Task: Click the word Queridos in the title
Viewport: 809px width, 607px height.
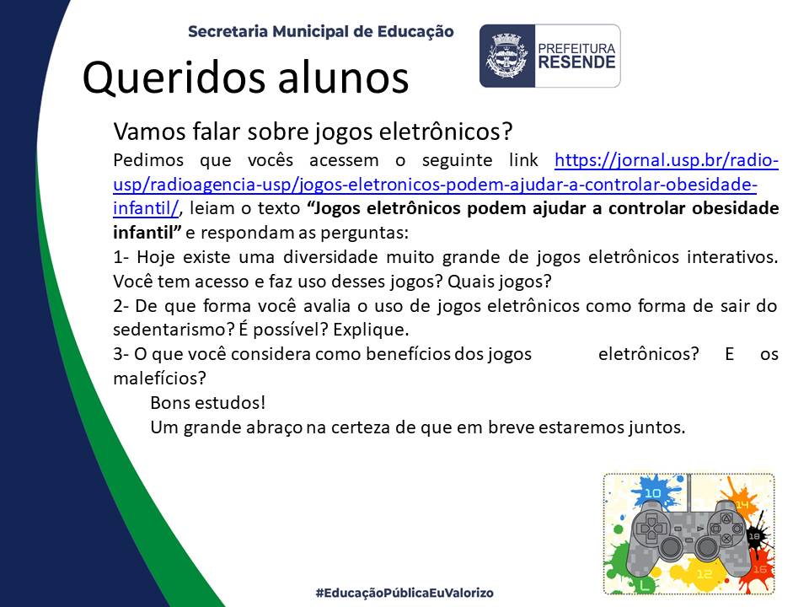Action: click(x=175, y=78)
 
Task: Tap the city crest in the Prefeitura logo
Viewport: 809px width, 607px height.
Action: click(x=506, y=56)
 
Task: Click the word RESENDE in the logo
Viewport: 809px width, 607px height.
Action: click(x=576, y=62)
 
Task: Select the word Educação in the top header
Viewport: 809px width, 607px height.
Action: click(x=415, y=31)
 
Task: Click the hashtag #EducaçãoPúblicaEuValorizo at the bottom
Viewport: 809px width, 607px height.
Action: click(x=404, y=593)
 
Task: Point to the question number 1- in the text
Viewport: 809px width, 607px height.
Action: click(x=121, y=257)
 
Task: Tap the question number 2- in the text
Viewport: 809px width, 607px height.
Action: click(x=121, y=305)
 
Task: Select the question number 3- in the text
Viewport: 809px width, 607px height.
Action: click(x=121, y=354)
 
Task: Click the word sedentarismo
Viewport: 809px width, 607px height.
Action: click(x=174, y=330)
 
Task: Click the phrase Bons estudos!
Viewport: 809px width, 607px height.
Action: click(x=208, y=403)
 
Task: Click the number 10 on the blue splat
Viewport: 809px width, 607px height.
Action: click(x=652, y=493)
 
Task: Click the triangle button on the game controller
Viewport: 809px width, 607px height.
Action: click(x=726, y=518)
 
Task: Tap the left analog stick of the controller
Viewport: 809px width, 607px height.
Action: click(x=671, y=546)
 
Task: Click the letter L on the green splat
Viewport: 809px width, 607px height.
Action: click(x=643, y=585)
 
